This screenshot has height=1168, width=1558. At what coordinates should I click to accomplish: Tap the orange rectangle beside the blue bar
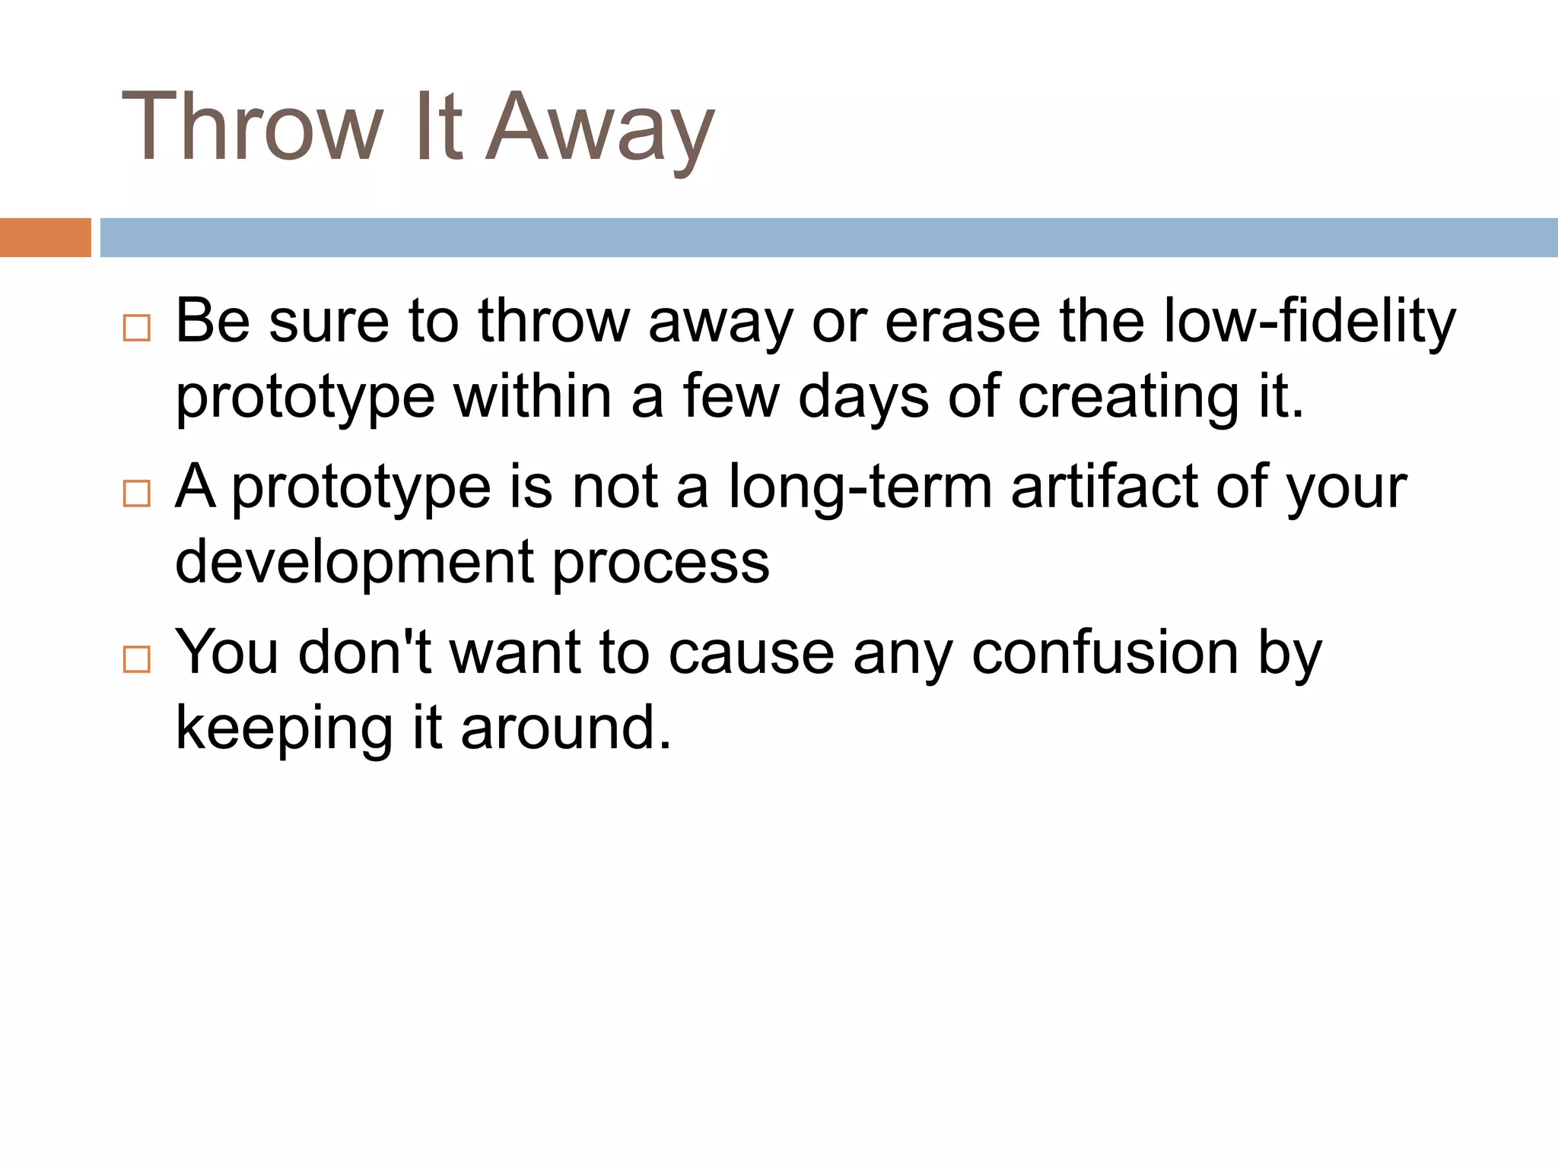coord(45,237)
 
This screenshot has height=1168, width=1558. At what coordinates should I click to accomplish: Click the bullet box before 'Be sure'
coord(137,328)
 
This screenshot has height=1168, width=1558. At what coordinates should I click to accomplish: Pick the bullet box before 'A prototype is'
coord(137,494)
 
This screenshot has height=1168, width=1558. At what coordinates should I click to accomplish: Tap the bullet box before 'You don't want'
coord(137,659)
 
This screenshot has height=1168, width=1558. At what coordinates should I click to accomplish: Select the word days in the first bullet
coord(863,397)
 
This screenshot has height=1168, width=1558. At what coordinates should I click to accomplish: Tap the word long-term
coord(860,487)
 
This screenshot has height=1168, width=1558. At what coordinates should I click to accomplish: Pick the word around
coord(566,728)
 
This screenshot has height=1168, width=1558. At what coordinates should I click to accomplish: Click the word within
coord(533,397)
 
